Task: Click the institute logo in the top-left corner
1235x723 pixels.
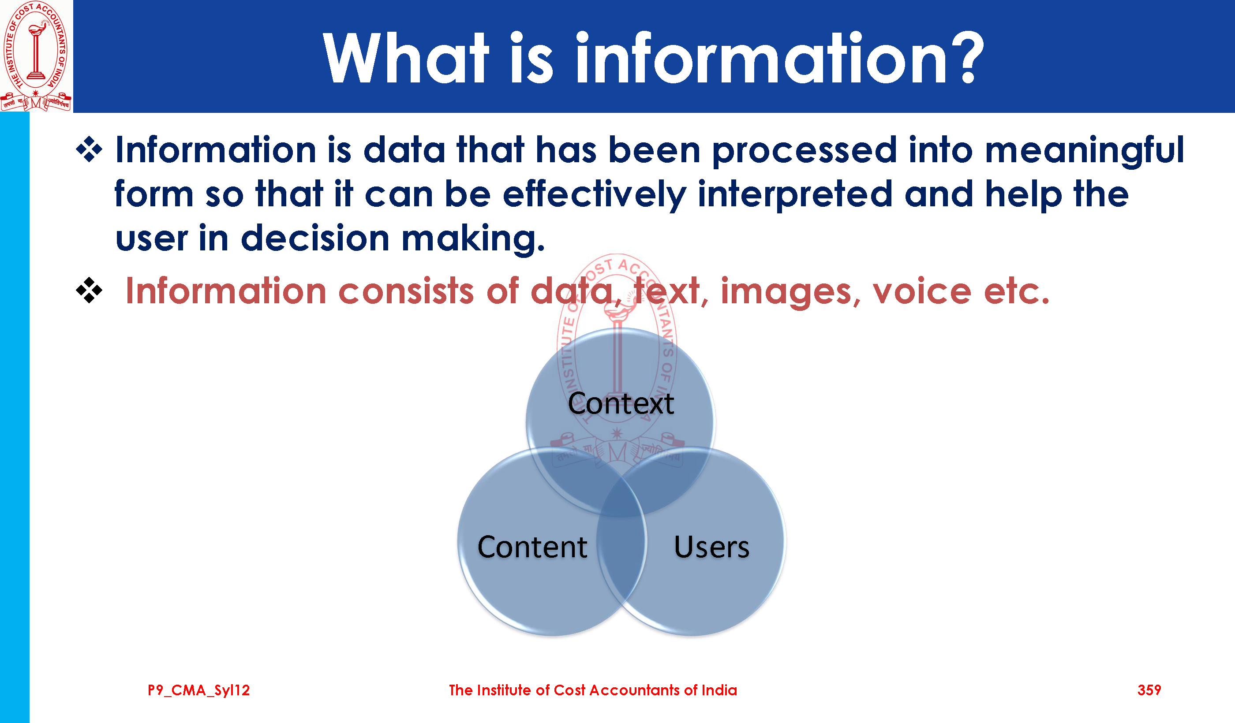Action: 36,56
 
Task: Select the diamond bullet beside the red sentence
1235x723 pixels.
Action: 89,290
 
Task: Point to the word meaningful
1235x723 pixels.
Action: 1084,151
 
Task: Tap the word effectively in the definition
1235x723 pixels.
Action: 594,195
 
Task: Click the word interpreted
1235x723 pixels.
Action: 795,195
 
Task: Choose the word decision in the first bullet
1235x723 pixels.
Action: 315,238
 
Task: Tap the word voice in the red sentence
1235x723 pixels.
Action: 922,291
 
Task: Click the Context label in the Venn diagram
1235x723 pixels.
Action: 621,404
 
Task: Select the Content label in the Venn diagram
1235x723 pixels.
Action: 532,547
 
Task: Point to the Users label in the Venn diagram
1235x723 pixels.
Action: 711,547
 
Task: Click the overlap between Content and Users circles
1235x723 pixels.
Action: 621,544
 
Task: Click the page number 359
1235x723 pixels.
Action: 1149,690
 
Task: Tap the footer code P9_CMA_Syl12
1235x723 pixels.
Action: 199,691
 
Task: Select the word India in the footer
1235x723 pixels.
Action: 719,690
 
